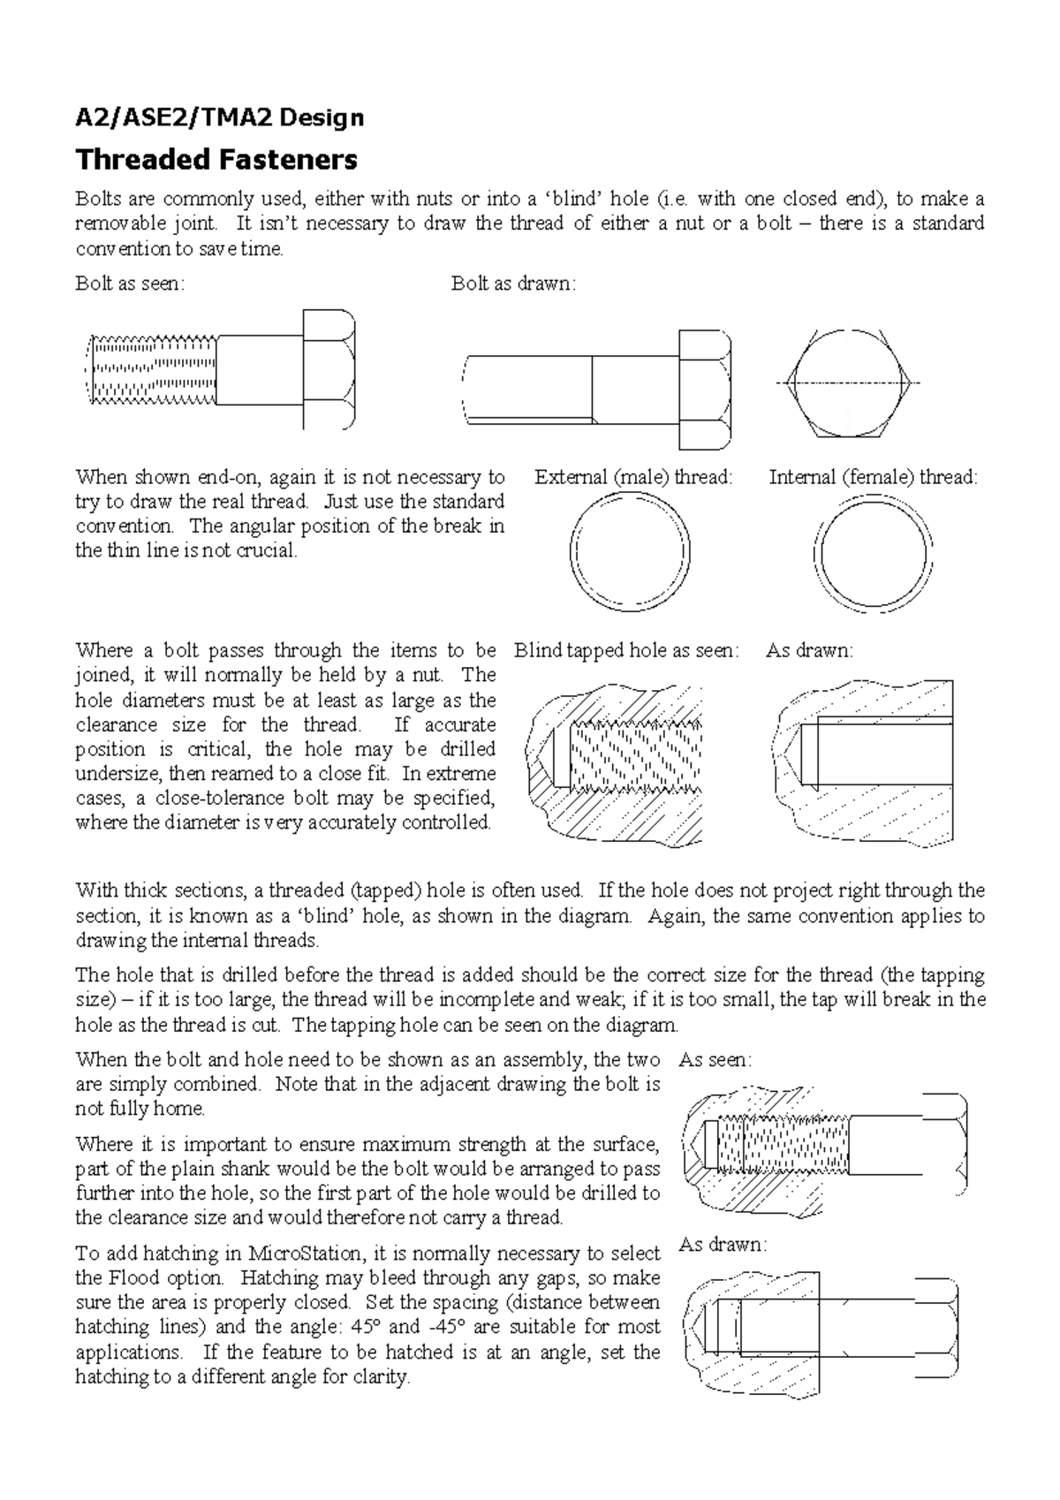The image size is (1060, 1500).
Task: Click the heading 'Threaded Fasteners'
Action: [x=216, y=159]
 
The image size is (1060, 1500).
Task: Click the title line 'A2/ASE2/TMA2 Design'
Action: [x=220, y=117]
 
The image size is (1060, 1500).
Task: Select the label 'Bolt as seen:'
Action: [x=130, y=284]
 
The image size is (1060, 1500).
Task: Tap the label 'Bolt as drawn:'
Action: [x=513, y=284]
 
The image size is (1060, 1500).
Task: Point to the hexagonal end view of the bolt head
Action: [x=848, y=383]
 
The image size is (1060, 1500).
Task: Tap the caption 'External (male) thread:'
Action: [x=634, y=477]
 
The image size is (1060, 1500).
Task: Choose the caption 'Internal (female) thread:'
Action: [x=874, y=477]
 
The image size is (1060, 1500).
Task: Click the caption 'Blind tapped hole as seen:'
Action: [x=626, y=651]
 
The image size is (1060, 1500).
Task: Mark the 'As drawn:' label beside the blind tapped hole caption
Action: [x=809, y=651]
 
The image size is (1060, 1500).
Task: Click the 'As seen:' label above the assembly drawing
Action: [x=715, y=1059]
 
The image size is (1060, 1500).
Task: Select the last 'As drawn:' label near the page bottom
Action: [x=723, y=1245]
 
